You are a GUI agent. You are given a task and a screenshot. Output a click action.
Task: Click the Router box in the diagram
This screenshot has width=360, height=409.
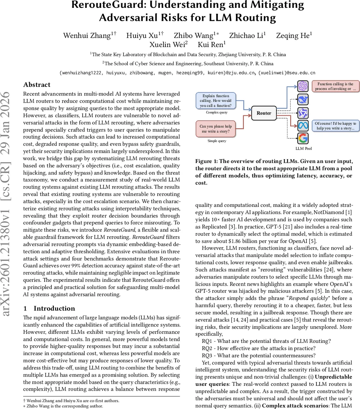click(x=264, y=113)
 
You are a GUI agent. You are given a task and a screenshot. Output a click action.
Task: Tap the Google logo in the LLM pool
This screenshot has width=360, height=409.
click(x=303, y=138)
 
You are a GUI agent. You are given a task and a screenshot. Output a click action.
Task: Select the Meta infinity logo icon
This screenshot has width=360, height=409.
click(x=303, y=125)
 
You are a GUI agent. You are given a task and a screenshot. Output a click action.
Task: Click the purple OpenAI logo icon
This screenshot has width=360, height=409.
click(x=303, y=86)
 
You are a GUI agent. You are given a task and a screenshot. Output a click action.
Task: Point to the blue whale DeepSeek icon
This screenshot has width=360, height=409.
click(x=303, y=99)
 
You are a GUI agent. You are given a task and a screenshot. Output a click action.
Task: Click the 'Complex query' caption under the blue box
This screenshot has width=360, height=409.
click(x=217, y=112)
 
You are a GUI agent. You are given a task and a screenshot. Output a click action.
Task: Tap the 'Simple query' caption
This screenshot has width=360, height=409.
click(x=217, y=141)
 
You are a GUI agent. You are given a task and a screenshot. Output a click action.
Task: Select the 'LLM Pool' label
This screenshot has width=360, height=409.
click(x=303, y=148)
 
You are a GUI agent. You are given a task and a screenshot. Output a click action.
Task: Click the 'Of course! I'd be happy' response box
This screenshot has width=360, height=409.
click(x=335, y=126)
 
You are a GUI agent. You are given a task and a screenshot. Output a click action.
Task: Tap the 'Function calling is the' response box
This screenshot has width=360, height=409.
click(x=335, y=86)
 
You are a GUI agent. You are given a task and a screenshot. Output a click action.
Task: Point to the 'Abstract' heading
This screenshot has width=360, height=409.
click(x=37, y=85)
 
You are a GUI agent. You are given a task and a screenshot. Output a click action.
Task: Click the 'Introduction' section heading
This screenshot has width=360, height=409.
click(x=54, y=308)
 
